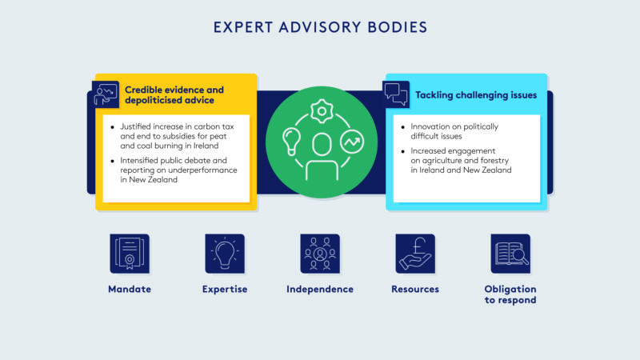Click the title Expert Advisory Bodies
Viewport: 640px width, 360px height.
(320, 27)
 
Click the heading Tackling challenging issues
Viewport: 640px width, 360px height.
(475, 95)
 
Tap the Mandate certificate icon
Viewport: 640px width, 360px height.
(130, 254)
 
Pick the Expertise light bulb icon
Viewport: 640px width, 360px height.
(225, 254)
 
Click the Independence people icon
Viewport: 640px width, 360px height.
(320, 254)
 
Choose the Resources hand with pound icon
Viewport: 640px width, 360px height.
(415, 254)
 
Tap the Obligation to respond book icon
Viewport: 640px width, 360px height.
(510, 254)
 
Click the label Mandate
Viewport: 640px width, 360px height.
(130, 289)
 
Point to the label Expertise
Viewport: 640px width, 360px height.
(225, 289)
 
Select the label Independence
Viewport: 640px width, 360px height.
(320, 289)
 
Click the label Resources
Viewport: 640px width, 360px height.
(415, 289)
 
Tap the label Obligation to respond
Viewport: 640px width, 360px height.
(510, 294)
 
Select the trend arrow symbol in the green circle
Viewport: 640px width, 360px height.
(350, 142)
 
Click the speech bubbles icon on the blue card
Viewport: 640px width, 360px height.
(397, 94)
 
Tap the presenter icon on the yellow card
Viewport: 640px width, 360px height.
(105, 94)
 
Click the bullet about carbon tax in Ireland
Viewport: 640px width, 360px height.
(175, 138)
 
